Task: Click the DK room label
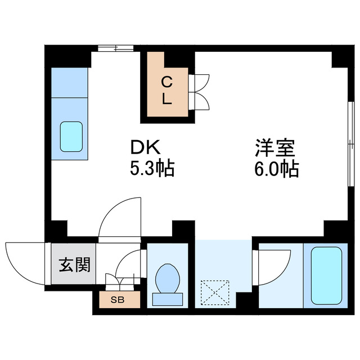point(146,148)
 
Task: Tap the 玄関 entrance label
point(75,264)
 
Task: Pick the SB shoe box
point(118,299)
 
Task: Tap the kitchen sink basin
point(71,136)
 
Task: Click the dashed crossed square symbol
point(215,291)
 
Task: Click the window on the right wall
point(352,146)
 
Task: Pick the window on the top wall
point(116,48)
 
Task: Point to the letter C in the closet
point(167,82)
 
